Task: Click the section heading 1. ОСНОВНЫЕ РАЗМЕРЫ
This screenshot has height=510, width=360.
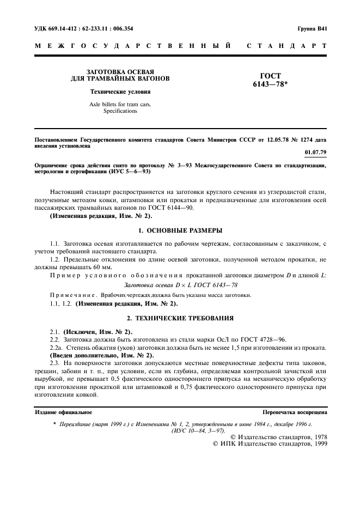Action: tap(180, 230)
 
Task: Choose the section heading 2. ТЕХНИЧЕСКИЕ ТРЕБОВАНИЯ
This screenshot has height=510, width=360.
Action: tap(180, 317)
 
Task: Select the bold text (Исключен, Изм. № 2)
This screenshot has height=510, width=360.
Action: tap(98, 331)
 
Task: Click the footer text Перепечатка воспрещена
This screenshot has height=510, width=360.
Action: tap(295, 412)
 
